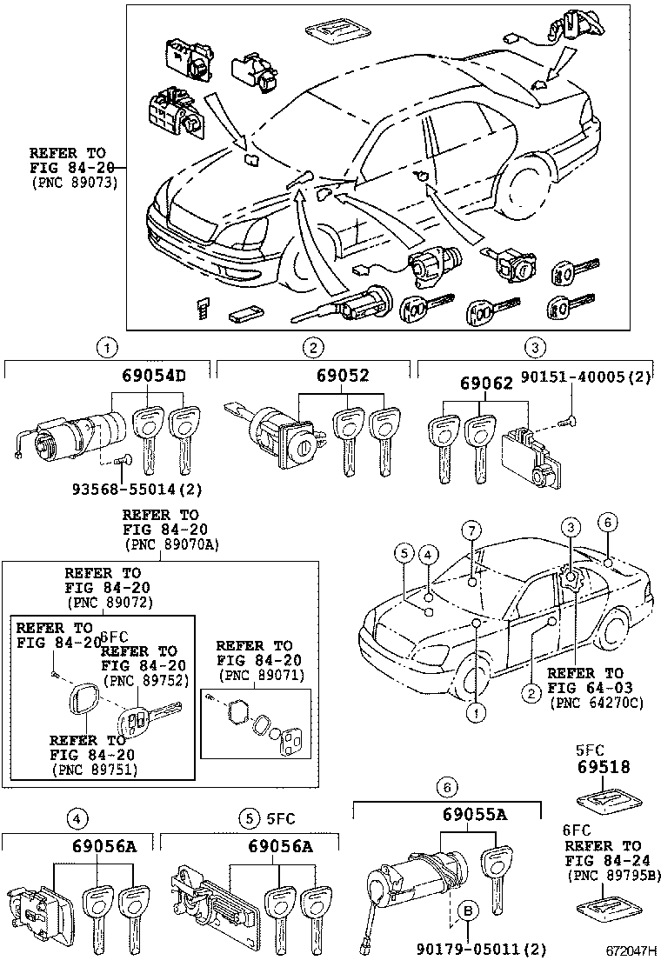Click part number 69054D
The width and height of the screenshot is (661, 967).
click(152, 376)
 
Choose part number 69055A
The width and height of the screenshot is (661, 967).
click(474, 815)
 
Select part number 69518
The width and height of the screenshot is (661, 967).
click(602, 767)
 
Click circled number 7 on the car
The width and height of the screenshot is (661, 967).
click(471, 530)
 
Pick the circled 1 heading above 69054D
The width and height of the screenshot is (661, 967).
click(106, 348)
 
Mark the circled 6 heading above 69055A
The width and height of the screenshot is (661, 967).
click(445, 788)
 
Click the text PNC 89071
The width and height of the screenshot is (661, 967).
click(254, 674)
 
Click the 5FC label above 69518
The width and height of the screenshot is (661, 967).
click(591, 750)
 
